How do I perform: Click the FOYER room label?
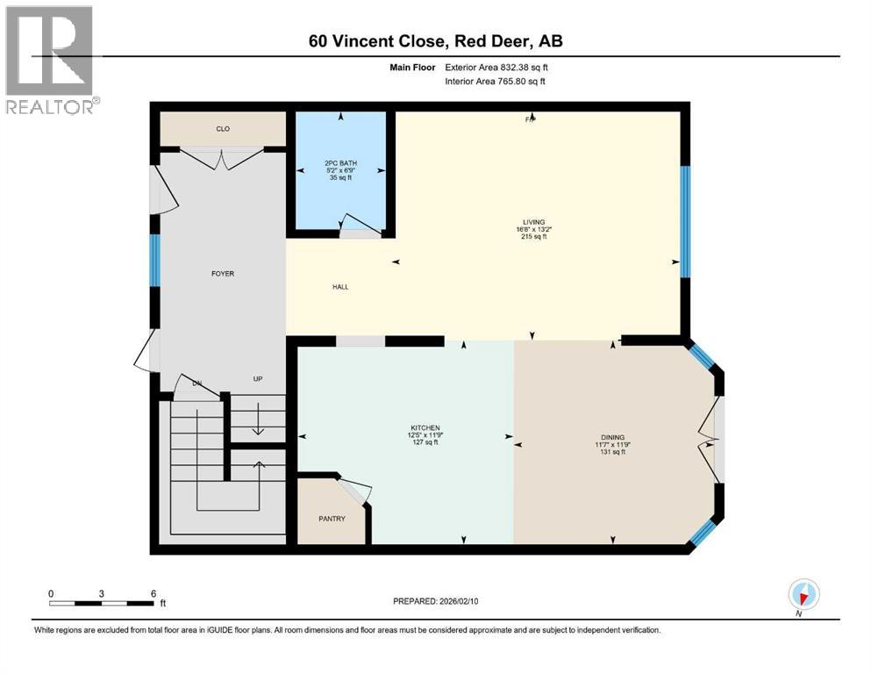coord(222,274)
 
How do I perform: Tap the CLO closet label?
coord(223,129)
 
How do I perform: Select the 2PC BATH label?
coord(341,165)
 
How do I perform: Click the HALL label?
coord(341,287)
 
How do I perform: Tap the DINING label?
coord(612,436)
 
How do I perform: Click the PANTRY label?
coord(332,519)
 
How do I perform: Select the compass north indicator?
coord(803,595)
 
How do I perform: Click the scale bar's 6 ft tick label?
coord(153,593)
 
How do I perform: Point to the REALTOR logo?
coord(50,61)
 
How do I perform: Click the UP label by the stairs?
coord(258,379)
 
